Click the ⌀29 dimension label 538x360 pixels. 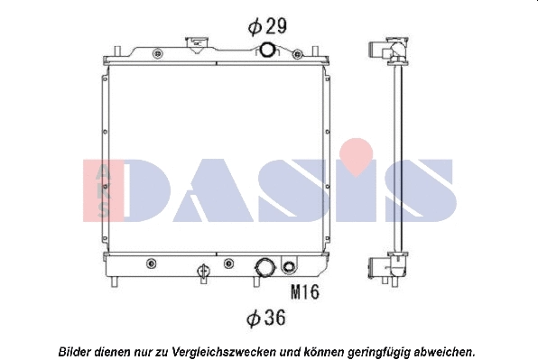click(x=267, y=26)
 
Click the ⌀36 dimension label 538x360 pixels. click(x=267, y=318)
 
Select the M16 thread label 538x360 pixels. click(x=305, y=291)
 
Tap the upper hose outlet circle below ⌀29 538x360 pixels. click(x=269, y=50)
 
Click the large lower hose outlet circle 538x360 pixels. click(x=265, y=268)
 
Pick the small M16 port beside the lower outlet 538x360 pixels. click(x=289, y=267)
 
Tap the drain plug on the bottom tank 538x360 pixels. click(x=204, y=269)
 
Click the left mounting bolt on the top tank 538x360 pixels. click(x=159, y=53)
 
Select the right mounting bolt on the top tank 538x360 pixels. click(x=295, y=53)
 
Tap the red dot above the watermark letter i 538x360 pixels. click(x=357, y=150)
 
